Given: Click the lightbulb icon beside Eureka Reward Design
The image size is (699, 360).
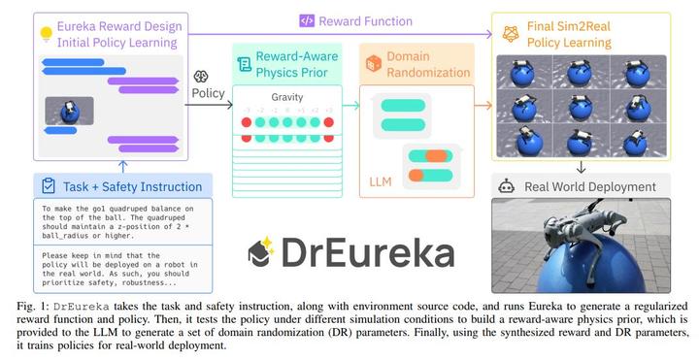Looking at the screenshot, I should pos(44,32).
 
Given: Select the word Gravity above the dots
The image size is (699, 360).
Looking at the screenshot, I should pos(287,98).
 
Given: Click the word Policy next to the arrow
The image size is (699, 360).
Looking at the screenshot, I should pos(209,93).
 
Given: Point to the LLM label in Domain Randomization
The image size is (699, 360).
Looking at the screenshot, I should pos(382,180).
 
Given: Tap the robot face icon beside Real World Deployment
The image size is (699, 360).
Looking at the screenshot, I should pos(504,186).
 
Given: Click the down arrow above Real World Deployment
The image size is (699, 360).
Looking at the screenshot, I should pos(581,167).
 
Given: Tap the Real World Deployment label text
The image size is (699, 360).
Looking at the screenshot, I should pos(590,186).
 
